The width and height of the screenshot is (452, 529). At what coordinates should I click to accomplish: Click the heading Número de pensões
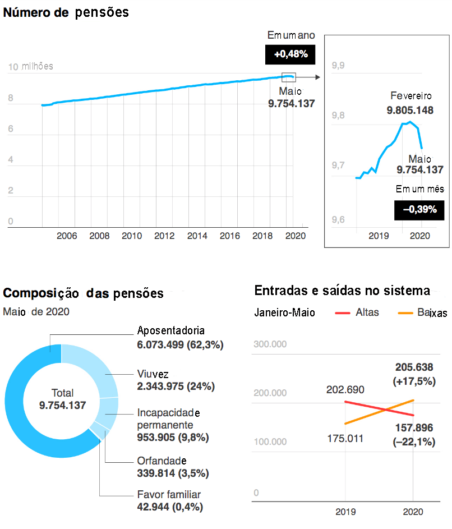pyautogui.click(x=66, y=12)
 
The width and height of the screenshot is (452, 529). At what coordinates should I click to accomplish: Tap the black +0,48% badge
pyautogui.click(x=290, y=54)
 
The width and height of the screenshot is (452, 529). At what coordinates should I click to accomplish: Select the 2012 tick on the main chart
pyautogui.click(x=164, y=236)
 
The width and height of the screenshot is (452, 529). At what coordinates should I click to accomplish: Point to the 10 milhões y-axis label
pyautogui.click(x=31, y=66)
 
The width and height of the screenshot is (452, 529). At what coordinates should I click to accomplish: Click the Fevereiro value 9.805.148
pyautogui.click(x=410, y=111)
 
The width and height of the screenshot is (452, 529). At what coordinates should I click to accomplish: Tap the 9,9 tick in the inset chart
pyautogui.click(x=338, y=66)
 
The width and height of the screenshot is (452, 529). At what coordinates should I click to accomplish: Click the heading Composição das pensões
pyautogui.click(x=84, y=293)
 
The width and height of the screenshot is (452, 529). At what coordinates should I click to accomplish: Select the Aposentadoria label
pyautogui.click(x=171, y=330)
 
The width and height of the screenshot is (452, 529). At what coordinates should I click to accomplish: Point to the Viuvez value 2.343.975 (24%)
pyautogui.click(x=176, y=387)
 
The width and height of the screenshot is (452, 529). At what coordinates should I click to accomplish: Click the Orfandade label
pyautogui.click(x=162, y=461)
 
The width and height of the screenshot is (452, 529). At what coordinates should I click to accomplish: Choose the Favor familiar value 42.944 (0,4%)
pyautogui.click(x=170, y=507)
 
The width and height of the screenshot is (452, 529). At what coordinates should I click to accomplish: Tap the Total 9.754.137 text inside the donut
pyautogui.click(x=62, y=399)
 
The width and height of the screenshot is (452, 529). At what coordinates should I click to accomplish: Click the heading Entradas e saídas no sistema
pyautogui.click(x=342, y=291)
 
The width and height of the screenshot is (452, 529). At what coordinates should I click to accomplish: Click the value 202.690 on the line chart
pyautogui.click(x=345, y=390)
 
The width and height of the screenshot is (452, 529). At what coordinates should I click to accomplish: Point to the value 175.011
pyautogui.click(x=345, y=438)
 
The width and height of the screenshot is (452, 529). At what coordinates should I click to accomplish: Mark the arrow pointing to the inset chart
pyautogui.click(x=308, y=78)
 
